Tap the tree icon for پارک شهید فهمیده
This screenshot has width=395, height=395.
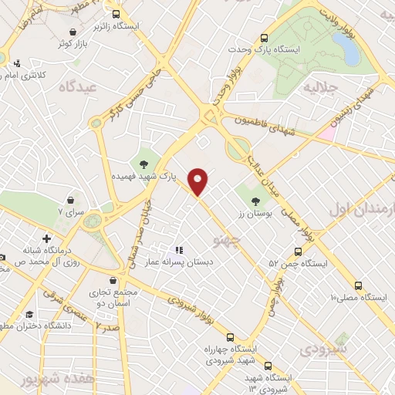(143, 163)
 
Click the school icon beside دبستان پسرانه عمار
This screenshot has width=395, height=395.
(179, 249)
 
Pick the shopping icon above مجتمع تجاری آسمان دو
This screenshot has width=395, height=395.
(114, 281)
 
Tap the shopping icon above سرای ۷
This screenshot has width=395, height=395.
(71, 198)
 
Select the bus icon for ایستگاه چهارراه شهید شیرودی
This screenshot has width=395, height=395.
(230, 336)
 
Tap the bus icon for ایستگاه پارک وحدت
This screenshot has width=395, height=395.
(265, 37)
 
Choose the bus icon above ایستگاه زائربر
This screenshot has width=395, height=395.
(116, 14)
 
